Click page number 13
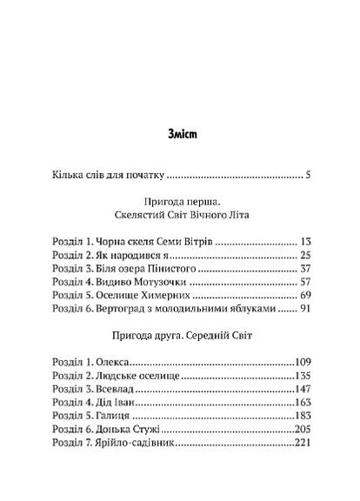point(304,240)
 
